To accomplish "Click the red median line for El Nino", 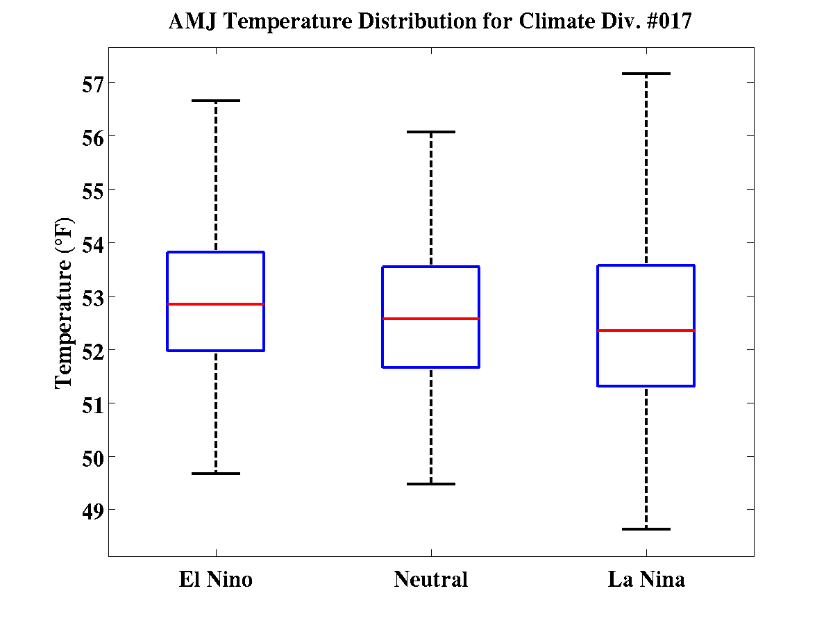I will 215,304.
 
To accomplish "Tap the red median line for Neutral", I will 430,319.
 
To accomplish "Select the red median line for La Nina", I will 646,331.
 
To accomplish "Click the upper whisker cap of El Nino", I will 215,101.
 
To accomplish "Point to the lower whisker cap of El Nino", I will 215,474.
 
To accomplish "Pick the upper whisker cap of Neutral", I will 430,131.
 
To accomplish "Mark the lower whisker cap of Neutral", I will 430,484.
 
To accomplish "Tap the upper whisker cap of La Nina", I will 646,73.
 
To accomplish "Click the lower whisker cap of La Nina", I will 646,529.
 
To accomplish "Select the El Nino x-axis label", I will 215,579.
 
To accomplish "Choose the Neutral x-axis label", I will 430,579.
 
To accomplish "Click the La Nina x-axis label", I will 646,579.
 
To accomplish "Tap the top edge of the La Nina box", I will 646,265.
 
